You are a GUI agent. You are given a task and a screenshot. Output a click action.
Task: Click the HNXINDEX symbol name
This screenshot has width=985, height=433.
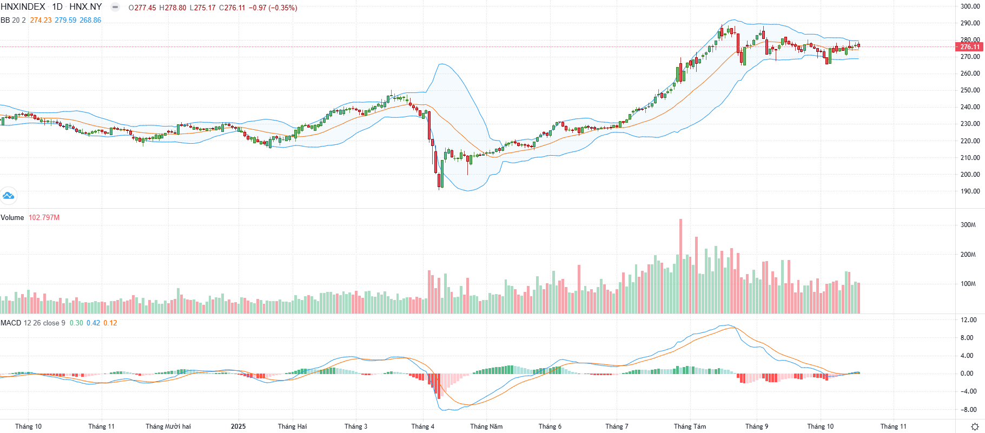tap(23, 7)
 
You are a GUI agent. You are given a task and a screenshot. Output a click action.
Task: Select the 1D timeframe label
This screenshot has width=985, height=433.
tap(57, 7)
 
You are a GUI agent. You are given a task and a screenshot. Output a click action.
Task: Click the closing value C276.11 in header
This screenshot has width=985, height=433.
tap(232, 8)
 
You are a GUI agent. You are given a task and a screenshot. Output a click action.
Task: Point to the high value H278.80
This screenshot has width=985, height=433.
tap(173, 8)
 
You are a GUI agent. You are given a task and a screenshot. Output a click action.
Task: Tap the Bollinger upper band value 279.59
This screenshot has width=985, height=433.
tap(65, 20)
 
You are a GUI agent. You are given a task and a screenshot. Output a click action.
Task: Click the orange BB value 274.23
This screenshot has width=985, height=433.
tap(41, 20)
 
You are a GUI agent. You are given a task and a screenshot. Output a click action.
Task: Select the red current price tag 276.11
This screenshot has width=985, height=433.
tap(970, 47)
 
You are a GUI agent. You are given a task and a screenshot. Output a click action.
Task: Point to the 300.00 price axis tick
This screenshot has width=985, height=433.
tap(970, 6)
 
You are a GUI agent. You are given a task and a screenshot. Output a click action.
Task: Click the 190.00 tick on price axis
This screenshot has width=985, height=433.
tap(970, 191)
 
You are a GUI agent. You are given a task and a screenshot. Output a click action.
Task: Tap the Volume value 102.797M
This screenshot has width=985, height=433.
tap(44, 217)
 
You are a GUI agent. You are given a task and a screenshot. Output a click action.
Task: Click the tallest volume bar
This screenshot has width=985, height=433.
tap(680, 266)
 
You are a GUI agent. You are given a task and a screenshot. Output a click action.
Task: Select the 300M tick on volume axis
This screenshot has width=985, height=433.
tap(968, 225)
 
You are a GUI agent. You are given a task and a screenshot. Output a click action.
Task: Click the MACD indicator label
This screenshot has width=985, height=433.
tap(11, 323)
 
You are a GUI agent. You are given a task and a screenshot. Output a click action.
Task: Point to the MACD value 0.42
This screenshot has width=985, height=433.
tap(93, 323)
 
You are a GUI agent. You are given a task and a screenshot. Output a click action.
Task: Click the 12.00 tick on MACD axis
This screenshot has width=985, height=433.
tap(968, 320)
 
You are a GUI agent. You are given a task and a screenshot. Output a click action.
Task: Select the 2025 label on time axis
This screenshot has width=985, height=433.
tap(238, 427)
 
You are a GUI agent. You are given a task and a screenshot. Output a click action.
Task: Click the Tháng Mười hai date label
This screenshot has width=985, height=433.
tap(168, 427)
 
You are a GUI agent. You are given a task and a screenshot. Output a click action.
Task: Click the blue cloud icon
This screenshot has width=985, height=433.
tap(8, 196)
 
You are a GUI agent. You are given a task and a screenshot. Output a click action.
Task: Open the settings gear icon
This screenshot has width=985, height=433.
tap(975, 427)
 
